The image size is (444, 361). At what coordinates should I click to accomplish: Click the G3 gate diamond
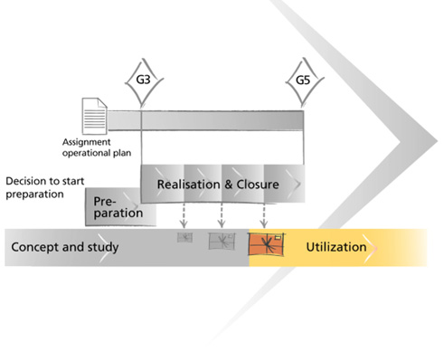[x=144, y=81]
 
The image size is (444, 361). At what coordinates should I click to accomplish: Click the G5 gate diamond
[x=304, y=81]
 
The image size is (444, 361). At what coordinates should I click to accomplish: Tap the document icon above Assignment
[x=95, y=116]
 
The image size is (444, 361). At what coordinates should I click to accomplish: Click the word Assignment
[x=87, y=142]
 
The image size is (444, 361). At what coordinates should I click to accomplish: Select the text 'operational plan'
[x=97, y=153]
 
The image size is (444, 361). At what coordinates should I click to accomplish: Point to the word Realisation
[x=189, y=185]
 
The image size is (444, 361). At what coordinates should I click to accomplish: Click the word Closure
[x=258, y=185]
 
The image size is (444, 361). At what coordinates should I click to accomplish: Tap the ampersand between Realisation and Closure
[x=228, y=185]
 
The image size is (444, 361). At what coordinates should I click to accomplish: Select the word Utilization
[x=336, y=247]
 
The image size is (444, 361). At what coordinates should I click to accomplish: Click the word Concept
[x=35, y=247]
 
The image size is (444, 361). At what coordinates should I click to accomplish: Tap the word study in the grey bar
[x=103, y=247]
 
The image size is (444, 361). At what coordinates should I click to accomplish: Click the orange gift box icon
[x=266, y=244]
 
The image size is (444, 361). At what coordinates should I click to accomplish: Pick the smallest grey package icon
[x=184, y=238]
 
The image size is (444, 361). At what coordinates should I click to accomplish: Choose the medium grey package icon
[x=222, y=241]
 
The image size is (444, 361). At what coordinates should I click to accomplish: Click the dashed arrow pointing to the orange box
[x=264, y=215]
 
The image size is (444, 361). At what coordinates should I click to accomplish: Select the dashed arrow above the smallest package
[x=184, y=215]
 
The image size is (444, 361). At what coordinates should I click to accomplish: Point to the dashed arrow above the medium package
[x=222, y=215]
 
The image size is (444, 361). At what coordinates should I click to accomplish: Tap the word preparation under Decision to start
[x=34, y=195]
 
